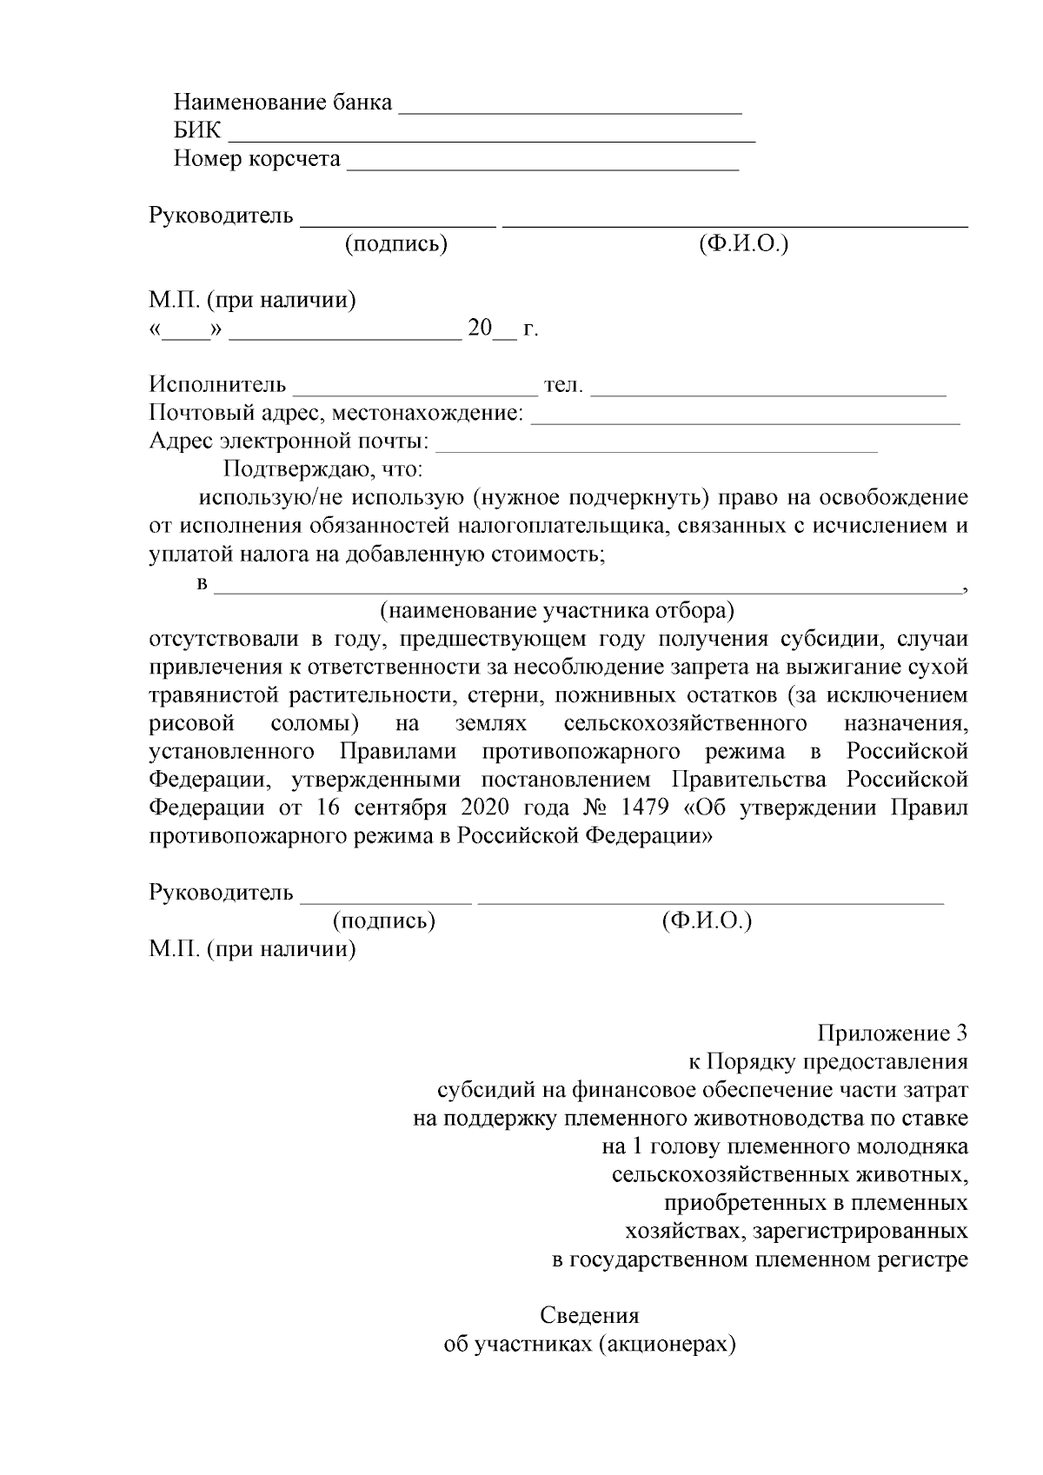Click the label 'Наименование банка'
pyautogui.click(x=283, y=103)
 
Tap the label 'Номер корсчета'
pyautogui.click(x=256, y=159)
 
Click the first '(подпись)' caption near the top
pyautogui.click(x=395, y=244)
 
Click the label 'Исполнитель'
pyautogui.click(x=217, y=384)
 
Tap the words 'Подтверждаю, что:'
pyautogui.click(x=323, y=470)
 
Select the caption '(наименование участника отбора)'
pyautogui.click(x=557, y=611)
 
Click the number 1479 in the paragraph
pyautogui.click(x=646, y=807)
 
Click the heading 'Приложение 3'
pyautogui.click(x=892, y=1033)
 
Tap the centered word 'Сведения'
pyautogui.click(x=589, y=1315)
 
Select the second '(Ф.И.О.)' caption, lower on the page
pyautogui.click(x=706, y=920)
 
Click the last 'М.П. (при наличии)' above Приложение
pyautogui.click(x=252, y=949)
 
